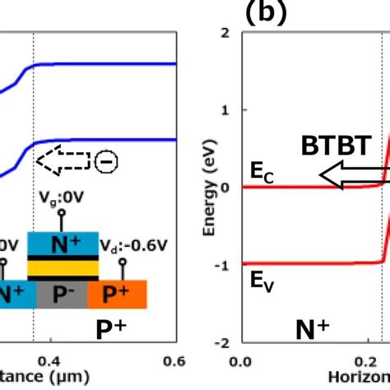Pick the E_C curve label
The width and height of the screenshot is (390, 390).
click(262, 173)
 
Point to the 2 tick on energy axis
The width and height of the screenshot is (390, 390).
click(224, 32)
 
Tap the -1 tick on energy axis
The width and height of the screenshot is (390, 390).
click(221, 264)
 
